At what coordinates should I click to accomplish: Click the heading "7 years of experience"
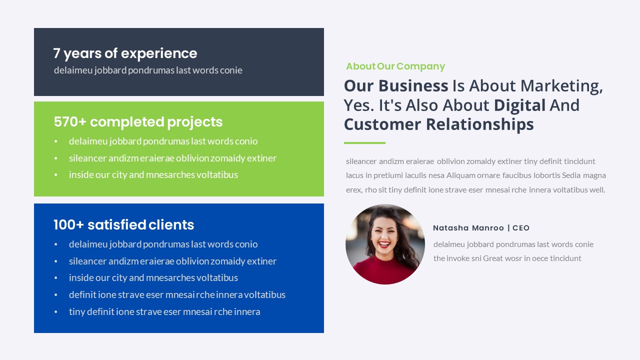[125, 53]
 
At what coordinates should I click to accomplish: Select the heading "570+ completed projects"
[138, 122]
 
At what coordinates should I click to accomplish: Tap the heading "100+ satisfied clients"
[123, 225]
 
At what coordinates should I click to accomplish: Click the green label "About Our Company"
[395, 66]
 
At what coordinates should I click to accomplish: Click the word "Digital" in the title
[519, 105]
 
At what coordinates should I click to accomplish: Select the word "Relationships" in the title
[479, 124]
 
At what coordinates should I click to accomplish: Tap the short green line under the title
[364, 143]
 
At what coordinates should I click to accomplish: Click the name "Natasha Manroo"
[468, 228]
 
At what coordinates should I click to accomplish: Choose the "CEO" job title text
[520, 228]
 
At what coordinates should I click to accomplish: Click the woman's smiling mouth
[384, 244]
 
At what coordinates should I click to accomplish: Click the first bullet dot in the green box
[56, 141]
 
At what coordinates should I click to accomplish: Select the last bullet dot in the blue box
[56, 312]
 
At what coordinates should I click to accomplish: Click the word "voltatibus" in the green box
[217, 175]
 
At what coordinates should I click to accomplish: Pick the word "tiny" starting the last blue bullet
[77, 312]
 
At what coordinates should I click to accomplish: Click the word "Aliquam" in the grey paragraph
[461, 175]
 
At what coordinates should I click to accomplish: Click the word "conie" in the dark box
[231, 70]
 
